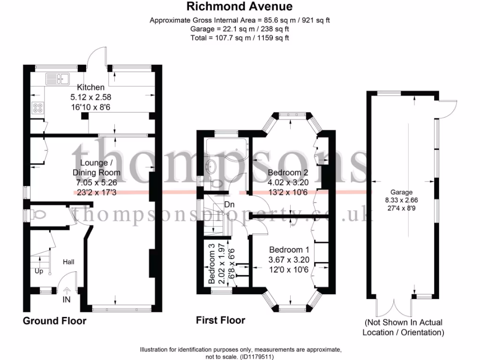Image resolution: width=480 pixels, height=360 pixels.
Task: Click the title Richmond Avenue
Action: click(x=240, y=6)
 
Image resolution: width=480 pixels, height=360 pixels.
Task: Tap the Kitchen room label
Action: click(x=91, y=87)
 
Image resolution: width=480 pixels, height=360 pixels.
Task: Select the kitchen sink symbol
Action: click(x=57, y=78)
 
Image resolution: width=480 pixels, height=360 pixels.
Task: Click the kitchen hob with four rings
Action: click(x=37, y=108)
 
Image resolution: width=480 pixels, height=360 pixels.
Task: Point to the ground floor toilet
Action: click(x=39, y=215)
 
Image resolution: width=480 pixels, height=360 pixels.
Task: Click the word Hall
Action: click(x=68, y=262)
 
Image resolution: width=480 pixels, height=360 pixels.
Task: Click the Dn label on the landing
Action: click(x=230, y=204)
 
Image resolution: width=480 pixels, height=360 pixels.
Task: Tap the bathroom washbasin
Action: click(x=211, y=165)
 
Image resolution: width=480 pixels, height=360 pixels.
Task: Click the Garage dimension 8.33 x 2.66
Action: click(x=401, y=200)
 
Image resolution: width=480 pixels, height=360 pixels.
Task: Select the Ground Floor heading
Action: click(x=55, y=321)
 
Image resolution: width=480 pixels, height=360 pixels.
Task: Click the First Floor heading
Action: click(x=220, y=321)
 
